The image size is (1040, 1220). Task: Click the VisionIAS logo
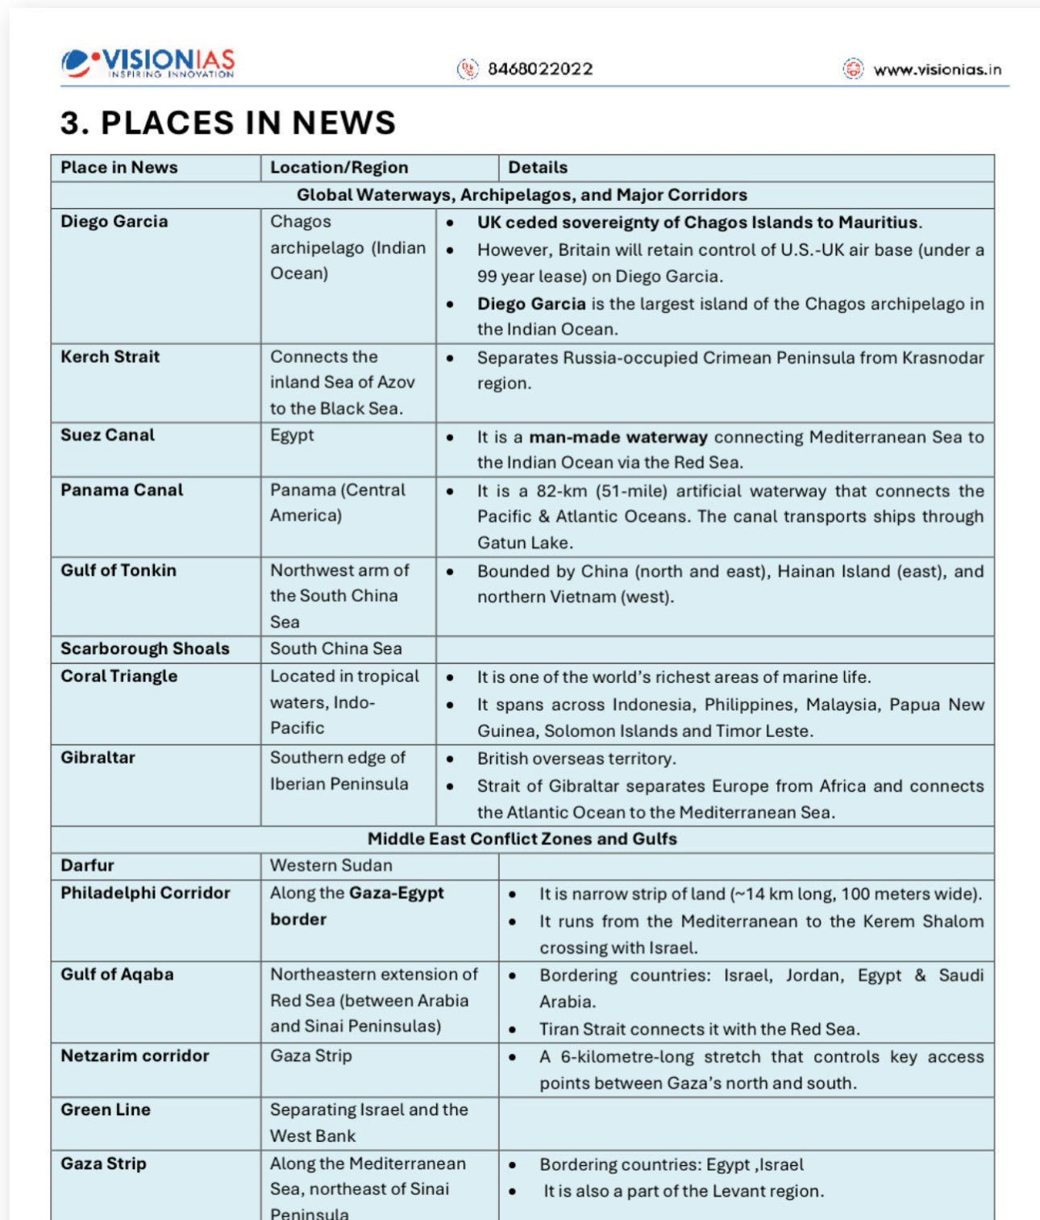pos(148,63)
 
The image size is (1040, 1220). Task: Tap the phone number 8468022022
pos(539,69)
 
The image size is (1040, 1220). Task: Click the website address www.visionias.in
pos(937,69)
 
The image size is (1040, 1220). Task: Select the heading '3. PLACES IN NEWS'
pos(228,123)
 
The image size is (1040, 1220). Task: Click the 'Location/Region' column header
pos(339,168)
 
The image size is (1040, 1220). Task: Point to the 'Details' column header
pos(537,168)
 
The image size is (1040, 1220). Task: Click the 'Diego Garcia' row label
pos(114,222)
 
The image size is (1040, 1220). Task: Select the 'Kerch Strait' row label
pos(110,356)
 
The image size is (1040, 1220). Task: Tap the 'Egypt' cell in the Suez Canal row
pos(292,435)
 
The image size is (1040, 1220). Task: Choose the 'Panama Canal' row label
pos(122,490)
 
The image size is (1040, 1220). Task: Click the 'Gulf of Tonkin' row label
pos(118,570)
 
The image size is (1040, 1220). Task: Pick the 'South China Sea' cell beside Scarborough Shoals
pos(335,649)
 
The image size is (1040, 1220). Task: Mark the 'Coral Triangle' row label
pos(119,677)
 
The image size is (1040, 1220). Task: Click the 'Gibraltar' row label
pos(98,758)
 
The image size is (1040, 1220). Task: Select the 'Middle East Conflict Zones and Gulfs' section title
pos(522,839)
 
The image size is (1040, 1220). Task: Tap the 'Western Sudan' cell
pos(331,866)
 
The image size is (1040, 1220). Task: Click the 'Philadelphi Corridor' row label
pos(145,893)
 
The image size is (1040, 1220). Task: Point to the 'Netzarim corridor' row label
pos(135,1056)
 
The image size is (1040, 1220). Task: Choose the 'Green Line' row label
pos(105,1110)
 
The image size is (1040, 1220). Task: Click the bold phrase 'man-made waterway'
pos(618,437)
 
